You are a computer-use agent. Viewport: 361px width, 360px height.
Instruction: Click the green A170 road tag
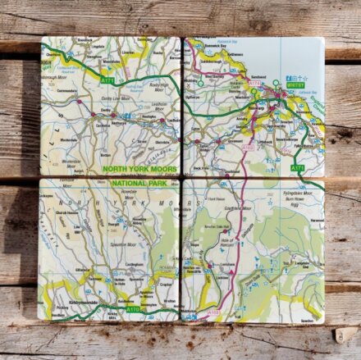[x=135, y=310]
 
